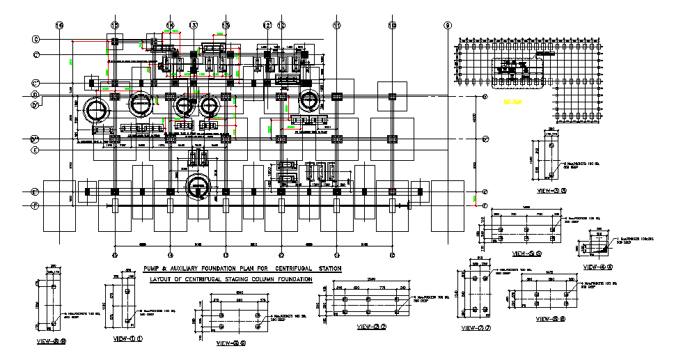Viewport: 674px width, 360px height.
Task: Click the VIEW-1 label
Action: (x=128, y=339)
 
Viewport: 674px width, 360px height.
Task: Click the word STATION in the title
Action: (x=326, y=268)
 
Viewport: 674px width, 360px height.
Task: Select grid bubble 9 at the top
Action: (x=447, y=26)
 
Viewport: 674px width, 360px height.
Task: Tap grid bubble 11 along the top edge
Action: (x=337, y=26)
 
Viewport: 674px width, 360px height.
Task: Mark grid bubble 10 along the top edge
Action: (x=393, y=26)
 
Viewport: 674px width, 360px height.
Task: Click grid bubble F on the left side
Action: (x=35, y=205)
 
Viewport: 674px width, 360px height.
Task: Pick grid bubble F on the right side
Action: (x=485, y=205)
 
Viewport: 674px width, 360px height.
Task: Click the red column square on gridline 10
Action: (x=393, y=191)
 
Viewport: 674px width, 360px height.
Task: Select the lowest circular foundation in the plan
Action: (x=199, y=187)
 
